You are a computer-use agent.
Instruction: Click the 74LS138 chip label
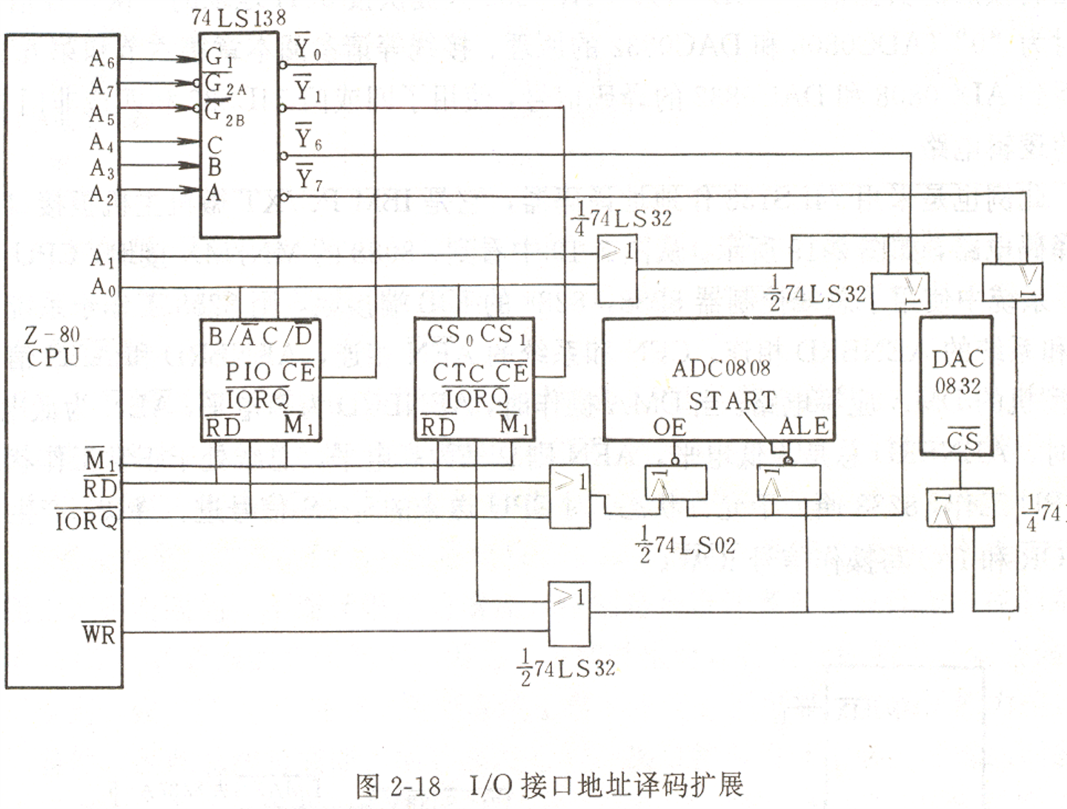(238, 17)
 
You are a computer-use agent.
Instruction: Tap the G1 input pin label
(219, 57)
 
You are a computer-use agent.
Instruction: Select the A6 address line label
(102, 59)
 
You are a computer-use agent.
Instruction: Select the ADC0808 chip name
(721, 368)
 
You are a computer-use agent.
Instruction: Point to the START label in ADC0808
(731, 401)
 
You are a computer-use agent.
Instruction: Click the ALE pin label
(803, 426)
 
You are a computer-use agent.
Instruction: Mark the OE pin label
(669, 427)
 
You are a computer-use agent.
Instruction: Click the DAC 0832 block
(957, 386)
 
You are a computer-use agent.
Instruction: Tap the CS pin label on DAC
(963, 440)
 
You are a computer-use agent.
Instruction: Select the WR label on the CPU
(99, 634)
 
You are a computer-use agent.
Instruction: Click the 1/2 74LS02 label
(685, 545)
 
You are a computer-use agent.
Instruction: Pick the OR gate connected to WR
(569, 613)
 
